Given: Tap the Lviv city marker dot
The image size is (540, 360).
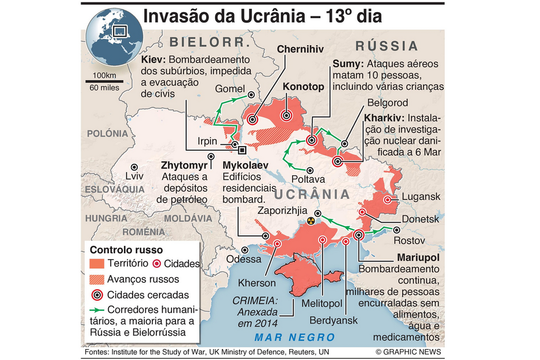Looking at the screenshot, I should point(134,166).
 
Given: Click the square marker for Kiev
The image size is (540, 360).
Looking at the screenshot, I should point(242,150).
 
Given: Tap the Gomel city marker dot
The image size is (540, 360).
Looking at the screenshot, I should point(250,95).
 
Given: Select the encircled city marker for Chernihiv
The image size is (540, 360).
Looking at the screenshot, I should point(253,120).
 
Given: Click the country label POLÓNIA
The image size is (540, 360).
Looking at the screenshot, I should point(107,133).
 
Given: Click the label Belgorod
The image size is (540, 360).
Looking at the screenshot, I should point(387,103).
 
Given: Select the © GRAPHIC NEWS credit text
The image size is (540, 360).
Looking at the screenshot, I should point(408,352).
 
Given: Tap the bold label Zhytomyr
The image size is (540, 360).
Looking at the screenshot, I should point(184,165).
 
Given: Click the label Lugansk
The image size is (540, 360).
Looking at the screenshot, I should point(421,197).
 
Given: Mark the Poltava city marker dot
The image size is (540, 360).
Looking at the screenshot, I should point(311,170).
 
